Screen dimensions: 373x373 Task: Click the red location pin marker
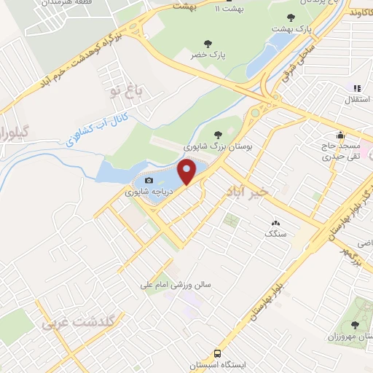[187, 173]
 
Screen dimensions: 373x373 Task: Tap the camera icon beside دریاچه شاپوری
[149, 181]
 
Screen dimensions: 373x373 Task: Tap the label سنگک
[275, 235]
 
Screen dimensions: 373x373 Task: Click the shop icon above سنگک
[275, 223]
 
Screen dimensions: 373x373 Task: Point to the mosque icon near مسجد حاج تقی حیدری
[340, 135]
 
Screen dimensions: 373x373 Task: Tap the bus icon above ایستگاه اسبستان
[228, 353]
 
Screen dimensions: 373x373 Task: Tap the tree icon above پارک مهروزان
[355, 326]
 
